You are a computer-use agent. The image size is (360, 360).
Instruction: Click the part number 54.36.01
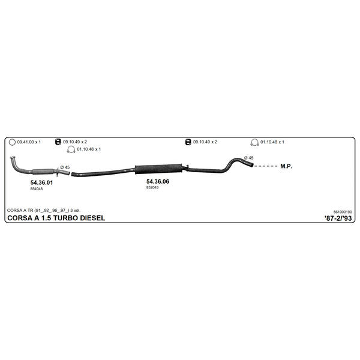(41, 182)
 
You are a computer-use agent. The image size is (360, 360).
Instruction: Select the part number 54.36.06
(158, 181)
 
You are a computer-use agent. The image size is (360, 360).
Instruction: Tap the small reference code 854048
(37, 189)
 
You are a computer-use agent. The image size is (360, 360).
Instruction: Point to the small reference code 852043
(152, 187)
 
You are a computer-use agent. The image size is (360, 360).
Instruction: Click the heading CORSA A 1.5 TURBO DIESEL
(56, 218)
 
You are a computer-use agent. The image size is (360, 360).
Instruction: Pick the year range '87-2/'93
(338, 218)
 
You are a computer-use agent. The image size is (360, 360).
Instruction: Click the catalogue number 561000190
(343, 212)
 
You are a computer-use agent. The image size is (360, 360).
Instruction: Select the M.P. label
(286, 166)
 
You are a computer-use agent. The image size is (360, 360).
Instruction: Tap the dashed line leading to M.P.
(266, 166)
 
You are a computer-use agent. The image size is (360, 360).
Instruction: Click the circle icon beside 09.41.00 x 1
(12, 142)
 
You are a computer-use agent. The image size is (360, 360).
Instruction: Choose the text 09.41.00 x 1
(29, 142)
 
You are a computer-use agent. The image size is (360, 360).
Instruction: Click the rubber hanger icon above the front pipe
(58, 142)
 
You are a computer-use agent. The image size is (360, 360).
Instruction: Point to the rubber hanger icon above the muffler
(188, 142)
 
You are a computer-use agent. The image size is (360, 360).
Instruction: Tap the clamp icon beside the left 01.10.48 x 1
(71, 149)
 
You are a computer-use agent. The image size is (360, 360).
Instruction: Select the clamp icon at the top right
(254, 142)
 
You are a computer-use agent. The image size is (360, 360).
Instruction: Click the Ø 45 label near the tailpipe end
(249, 158)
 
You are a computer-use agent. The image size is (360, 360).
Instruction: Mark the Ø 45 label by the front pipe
(65, 167)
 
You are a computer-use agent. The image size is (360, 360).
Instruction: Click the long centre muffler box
(158, 169)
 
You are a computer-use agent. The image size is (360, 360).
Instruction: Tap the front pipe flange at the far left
(13, 157)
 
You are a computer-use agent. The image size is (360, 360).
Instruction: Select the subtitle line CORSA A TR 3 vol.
(44, 211)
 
